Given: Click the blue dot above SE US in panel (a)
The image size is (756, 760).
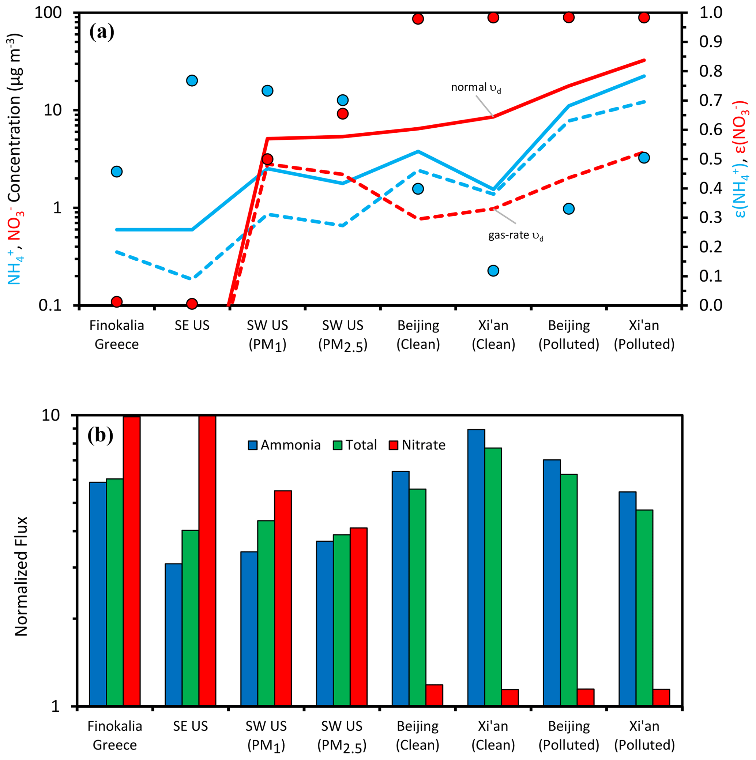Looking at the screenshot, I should [192, 80].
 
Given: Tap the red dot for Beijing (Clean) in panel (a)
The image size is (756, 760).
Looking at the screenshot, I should [418, 19].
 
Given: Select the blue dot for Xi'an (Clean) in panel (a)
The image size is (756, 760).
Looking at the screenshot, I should [493, 271].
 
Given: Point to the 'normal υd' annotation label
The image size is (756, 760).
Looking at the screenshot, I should [475, 87].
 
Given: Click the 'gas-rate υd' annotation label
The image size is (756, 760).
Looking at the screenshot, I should [516, 236].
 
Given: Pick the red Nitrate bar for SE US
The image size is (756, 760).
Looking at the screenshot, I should [207, 558].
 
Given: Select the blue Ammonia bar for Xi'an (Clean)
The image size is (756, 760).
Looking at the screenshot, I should [476, 567].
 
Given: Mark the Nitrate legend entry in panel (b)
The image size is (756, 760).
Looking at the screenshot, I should [417, 445].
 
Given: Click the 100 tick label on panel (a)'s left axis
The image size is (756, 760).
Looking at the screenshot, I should [48, 13].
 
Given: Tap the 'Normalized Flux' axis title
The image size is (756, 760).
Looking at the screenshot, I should [21, 576].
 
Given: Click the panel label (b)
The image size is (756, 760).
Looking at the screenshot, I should [101, 436].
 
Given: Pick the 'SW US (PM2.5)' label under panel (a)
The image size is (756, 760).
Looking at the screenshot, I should [343, 335].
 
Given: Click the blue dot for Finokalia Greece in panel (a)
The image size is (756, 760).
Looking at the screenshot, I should [116, 172].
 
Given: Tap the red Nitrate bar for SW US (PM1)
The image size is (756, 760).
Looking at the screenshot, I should [283, 598].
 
